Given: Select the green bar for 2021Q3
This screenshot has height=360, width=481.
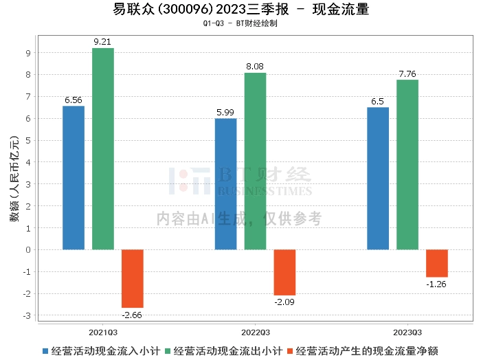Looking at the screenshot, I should pyautogui.click(x=102, y=148).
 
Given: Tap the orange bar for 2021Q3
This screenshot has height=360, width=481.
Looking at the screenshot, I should pyautogui.click(x=132, y=278).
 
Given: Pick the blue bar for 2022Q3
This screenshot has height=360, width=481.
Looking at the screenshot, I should pyautogui.click(x=225, y=184).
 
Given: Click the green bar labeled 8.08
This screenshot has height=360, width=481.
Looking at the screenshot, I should pyautogui.click(x=255, y=161).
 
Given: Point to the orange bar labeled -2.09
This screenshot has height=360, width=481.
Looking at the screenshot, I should pyautogui.click(x=284, y=272).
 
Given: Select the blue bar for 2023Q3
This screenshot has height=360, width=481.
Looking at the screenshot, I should pyautogui.click(x=378, y=178).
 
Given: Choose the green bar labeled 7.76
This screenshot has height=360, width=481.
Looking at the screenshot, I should pyautogui.click(x=407, y=164).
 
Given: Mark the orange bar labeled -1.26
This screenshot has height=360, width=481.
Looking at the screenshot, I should pyautogui.click(x=436, y=263).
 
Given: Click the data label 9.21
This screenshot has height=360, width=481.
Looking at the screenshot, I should pyautogui.click(x=102, y=42).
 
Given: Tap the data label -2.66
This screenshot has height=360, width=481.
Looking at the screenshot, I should pyautogui.click(x=132, y=315).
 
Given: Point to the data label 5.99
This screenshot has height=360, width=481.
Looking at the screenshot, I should pyautogui.click(x=225, y=113).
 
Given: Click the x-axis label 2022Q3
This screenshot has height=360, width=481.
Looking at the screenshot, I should pyautogui.click(x=255, y=330).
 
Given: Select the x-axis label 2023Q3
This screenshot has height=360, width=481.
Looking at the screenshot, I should pyautogui.click(x=407, y=330).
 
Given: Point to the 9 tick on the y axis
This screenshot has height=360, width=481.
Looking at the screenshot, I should pyautogui.click(x=27, y=53).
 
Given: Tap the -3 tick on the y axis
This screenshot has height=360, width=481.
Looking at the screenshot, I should pyautogui.click(x=25, y=315).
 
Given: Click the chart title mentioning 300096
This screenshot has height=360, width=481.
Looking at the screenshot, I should pyautogui.click(x=240, y=10).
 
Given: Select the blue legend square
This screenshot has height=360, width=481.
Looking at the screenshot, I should pyautogui.click(x=45, y=351).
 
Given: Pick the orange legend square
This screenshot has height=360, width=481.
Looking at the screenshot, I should pyautogui.click(x=291, y=351).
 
